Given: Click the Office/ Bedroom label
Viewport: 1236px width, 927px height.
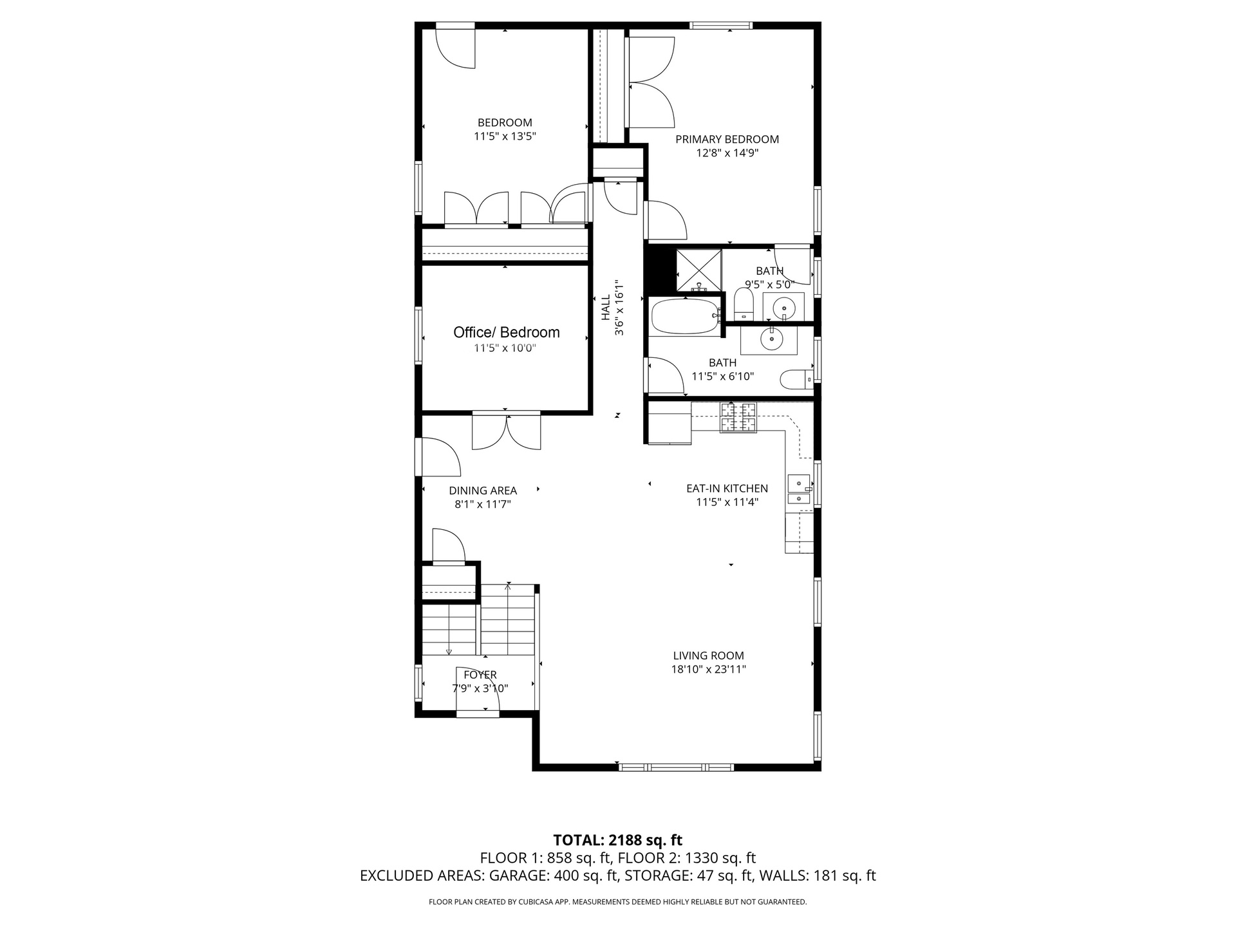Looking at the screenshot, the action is coord(506,332).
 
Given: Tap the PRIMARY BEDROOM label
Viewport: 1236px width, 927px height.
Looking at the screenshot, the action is coord(727,139).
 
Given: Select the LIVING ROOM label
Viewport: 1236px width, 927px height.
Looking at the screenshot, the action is coord(708,655).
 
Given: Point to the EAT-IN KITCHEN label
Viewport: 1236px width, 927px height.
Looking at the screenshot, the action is coord(727,489).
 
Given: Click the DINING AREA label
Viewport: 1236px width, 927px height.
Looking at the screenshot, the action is coord(483,491).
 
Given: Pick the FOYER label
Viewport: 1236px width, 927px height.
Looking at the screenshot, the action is coord(480,675).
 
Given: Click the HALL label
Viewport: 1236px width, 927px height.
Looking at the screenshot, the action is coord(606,308).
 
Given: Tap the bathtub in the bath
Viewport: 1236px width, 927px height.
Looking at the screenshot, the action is coord(685,315).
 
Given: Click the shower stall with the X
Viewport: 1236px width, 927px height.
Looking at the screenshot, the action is coord(698,270).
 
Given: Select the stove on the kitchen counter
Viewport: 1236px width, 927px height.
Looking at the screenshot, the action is coord(738,417).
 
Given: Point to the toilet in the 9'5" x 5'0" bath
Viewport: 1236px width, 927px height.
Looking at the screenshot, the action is coord(744,304).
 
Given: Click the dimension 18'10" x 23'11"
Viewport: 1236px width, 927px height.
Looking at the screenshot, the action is coord(708,669).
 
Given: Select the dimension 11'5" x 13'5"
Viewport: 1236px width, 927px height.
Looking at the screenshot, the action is coord(505,136).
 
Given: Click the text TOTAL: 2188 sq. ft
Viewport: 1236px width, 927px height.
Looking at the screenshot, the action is coord(618,840).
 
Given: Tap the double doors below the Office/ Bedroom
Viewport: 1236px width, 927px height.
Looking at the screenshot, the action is coord(507,431).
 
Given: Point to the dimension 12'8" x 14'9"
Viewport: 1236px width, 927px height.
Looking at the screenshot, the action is coord(727,153).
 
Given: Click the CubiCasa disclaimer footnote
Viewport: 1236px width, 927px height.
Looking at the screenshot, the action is coord(618,902).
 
